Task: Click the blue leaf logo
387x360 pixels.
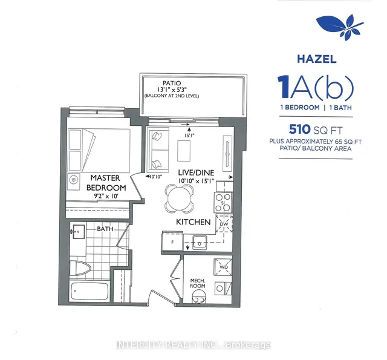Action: click(x=339, y=27)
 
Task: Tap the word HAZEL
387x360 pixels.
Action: click(x=317, y=59)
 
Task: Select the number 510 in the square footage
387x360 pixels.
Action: click(x=300, y=129)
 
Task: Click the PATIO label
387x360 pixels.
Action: click(x=172, y=83)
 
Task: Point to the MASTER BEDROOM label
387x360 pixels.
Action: click(x=106, y=183)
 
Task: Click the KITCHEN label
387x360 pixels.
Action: click(x=193, y=222)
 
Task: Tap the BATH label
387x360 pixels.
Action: click(x=105, y=229)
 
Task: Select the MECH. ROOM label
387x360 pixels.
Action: click(x=198, y=283)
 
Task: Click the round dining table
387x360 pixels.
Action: click(x=179, y=198)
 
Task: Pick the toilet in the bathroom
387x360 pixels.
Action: click(x=80, y=268)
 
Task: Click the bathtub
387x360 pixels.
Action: click(x=89, y=292)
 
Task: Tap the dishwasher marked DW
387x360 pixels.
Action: click(x=224, y=224)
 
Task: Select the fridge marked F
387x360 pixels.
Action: click(x=172, y=242)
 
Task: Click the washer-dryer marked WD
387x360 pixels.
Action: click(x=223, y=267)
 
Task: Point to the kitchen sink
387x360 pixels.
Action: click(x=200, y=243)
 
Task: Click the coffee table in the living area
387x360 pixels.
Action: click(x=184, y=151)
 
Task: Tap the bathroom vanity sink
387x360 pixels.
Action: click(x=79, y=232)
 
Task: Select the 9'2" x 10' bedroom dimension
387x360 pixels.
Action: click(x=106, y=196)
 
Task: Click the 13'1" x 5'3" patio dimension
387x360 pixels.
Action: click(x=172, y=90)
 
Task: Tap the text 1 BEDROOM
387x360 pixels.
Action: click(x=300, y=108)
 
